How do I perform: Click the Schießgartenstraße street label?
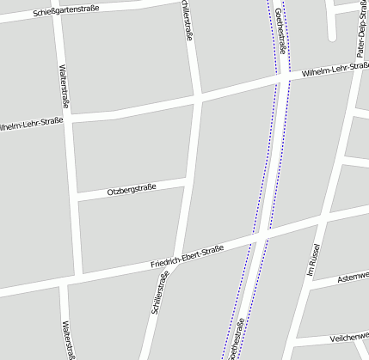(66, 10)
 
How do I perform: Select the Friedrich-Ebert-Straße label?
(187, 255)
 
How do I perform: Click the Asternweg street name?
(353, 278)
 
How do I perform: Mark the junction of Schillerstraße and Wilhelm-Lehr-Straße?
(198, 99)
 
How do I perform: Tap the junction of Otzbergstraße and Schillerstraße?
(187, 182)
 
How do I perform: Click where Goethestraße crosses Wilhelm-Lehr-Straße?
(280, 82)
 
